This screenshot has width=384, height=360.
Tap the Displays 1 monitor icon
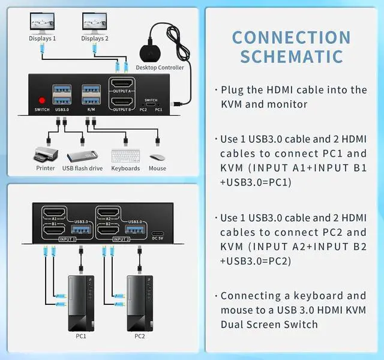pos(42,23)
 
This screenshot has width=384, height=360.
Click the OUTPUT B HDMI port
pos(122,103)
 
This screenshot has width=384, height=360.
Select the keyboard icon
pos(125,155)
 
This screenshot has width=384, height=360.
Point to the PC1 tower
pos(80,304)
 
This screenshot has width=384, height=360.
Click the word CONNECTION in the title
pos(291,37)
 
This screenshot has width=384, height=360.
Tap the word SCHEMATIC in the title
pos(291,56)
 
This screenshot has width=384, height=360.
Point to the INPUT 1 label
pos(67,239)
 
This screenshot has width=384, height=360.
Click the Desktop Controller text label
pos(160,67)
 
